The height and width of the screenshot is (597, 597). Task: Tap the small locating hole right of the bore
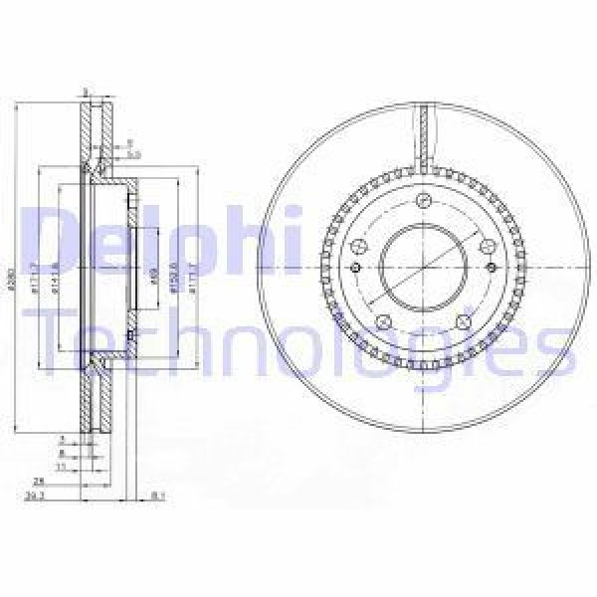pos(491,269)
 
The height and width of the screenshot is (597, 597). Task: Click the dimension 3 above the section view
pos(88,92)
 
